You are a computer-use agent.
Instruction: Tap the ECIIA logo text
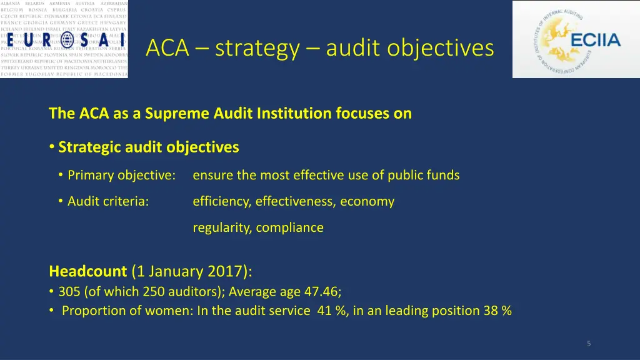pos(596,41)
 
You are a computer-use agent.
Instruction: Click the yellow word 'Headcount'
pos(87,271)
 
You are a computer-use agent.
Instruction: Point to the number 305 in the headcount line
pos(69,291)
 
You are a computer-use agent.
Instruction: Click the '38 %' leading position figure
pos(497,311)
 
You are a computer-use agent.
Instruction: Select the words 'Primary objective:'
pos(121,176)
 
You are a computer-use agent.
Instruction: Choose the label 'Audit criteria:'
pos(108,201)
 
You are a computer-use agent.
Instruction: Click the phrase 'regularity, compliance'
pos(258,227)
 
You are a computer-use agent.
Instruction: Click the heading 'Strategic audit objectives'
pos(149,147)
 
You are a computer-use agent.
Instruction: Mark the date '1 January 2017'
pos(190,271)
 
